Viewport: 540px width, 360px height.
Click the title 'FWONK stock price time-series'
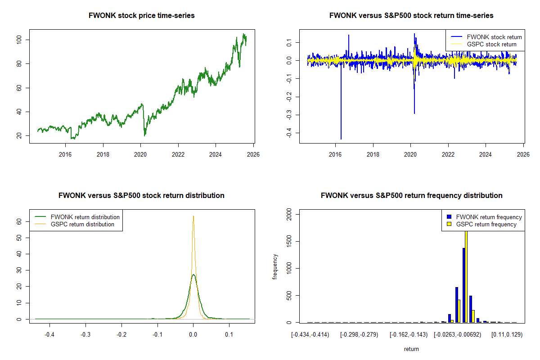(x=142, y=16)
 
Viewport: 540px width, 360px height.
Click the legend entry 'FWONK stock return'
(x=494, y=37)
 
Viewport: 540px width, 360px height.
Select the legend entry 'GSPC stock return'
(x=492, y=44)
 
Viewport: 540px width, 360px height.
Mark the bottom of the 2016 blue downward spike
(x=341, y=139)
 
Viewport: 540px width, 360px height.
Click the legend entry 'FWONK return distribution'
(x=85, y=217)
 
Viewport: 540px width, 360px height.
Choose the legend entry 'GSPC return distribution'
(x=82, y=224)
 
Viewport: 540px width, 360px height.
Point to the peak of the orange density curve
(x=193, y=216)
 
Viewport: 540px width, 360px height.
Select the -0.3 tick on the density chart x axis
(x=85, y=335)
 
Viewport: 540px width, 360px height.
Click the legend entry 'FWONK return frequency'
(x=489, y=217)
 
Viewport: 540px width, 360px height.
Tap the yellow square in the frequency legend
(x=450, y=224)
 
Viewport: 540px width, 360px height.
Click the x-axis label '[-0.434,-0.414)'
(x=310, y=335)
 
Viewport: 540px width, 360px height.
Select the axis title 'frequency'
(x=275, y=267)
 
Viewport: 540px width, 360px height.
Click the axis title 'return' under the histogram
(x=411, y=349)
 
